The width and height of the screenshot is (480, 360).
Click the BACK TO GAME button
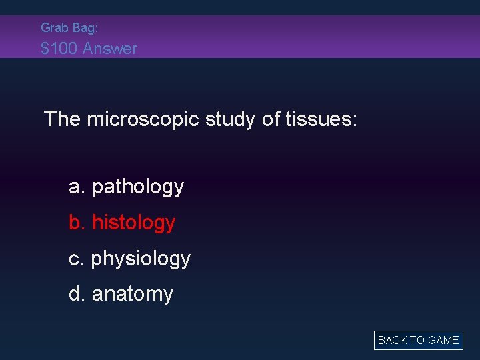[418, 340]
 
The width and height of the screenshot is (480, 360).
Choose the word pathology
[138, 187]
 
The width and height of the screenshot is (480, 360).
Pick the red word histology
[133, 223]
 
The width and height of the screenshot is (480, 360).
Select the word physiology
[141, 259]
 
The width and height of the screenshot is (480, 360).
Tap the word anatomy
[133, 294]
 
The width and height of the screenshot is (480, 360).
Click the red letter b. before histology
[77, 223]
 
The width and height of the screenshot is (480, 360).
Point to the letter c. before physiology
[77, 259]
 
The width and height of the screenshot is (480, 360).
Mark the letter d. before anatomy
[77, 294]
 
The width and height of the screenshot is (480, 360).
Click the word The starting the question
[62, 119]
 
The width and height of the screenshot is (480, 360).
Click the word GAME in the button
[443, 340]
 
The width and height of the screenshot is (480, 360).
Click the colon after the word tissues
[355, 121]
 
